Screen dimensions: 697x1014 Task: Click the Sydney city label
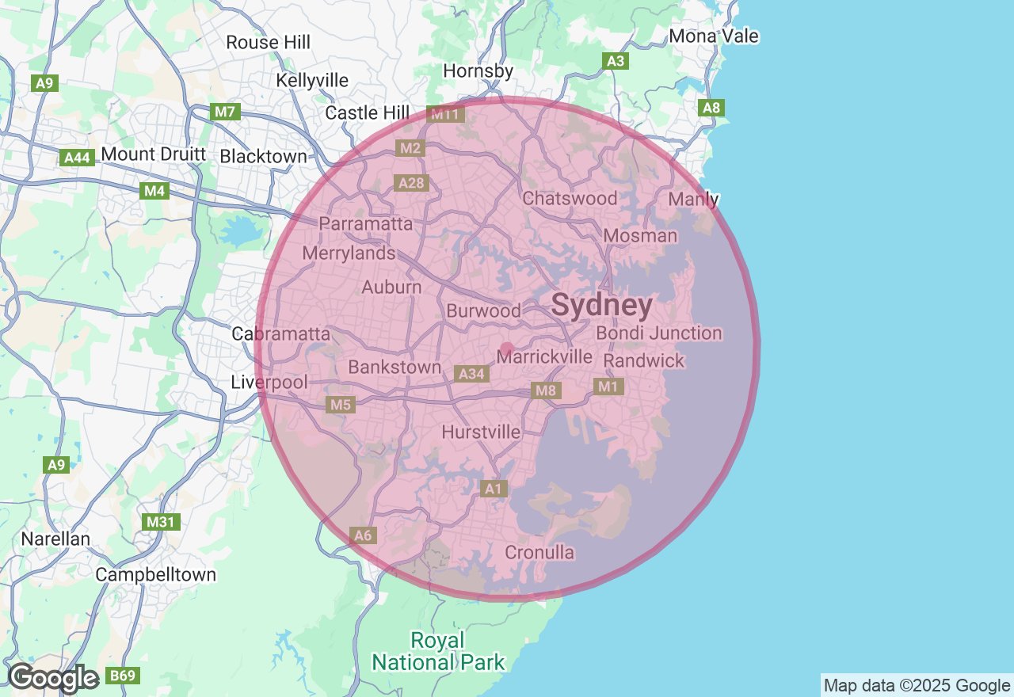pyautogui.click(x=602, y=305)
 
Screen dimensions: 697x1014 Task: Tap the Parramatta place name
pyautogui.click(x=366, y=224)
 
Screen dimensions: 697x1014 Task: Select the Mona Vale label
pyautogui.click(x=714, y=36)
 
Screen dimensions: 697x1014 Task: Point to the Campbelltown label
pyautogui.click(x=156, y=574)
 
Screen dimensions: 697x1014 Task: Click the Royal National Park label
pyautogui.click(x=438, y=651)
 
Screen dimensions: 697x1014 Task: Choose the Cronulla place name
pyautogui.click(x=539, y=552)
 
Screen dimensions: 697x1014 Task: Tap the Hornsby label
pyautogui.click(x=478, y=71)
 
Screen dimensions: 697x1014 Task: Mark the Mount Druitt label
pyautogui.click(x=154, y=154)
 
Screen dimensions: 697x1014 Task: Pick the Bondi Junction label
pyautogui.click(x=659, y=333)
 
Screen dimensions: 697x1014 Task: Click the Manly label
pyautogui.click(x=694, y=199)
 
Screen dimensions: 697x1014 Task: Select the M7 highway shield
pyautogui.click(x=226, y=112)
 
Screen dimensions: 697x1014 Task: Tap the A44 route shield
pyautogui.click(x=77, y=158)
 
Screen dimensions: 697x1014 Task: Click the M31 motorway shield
pyautogui.click(x=162, y=523)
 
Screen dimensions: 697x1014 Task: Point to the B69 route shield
pyautogui.click(x=123, y=676)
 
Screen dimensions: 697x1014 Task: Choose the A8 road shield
pyautogui.click(x=712, y=109)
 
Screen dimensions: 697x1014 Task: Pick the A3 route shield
pyautogui.click(x=615, y=61)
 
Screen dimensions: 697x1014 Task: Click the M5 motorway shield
pyautogui.click(x=341, y=405)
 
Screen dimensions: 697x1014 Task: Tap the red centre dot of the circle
pyautogui.click(x=507, y=349)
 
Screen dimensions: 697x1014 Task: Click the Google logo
pyautogui.click(x=53, y=678)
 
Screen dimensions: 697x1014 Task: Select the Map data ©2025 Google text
pyautogui.click(x=917, y=685)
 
